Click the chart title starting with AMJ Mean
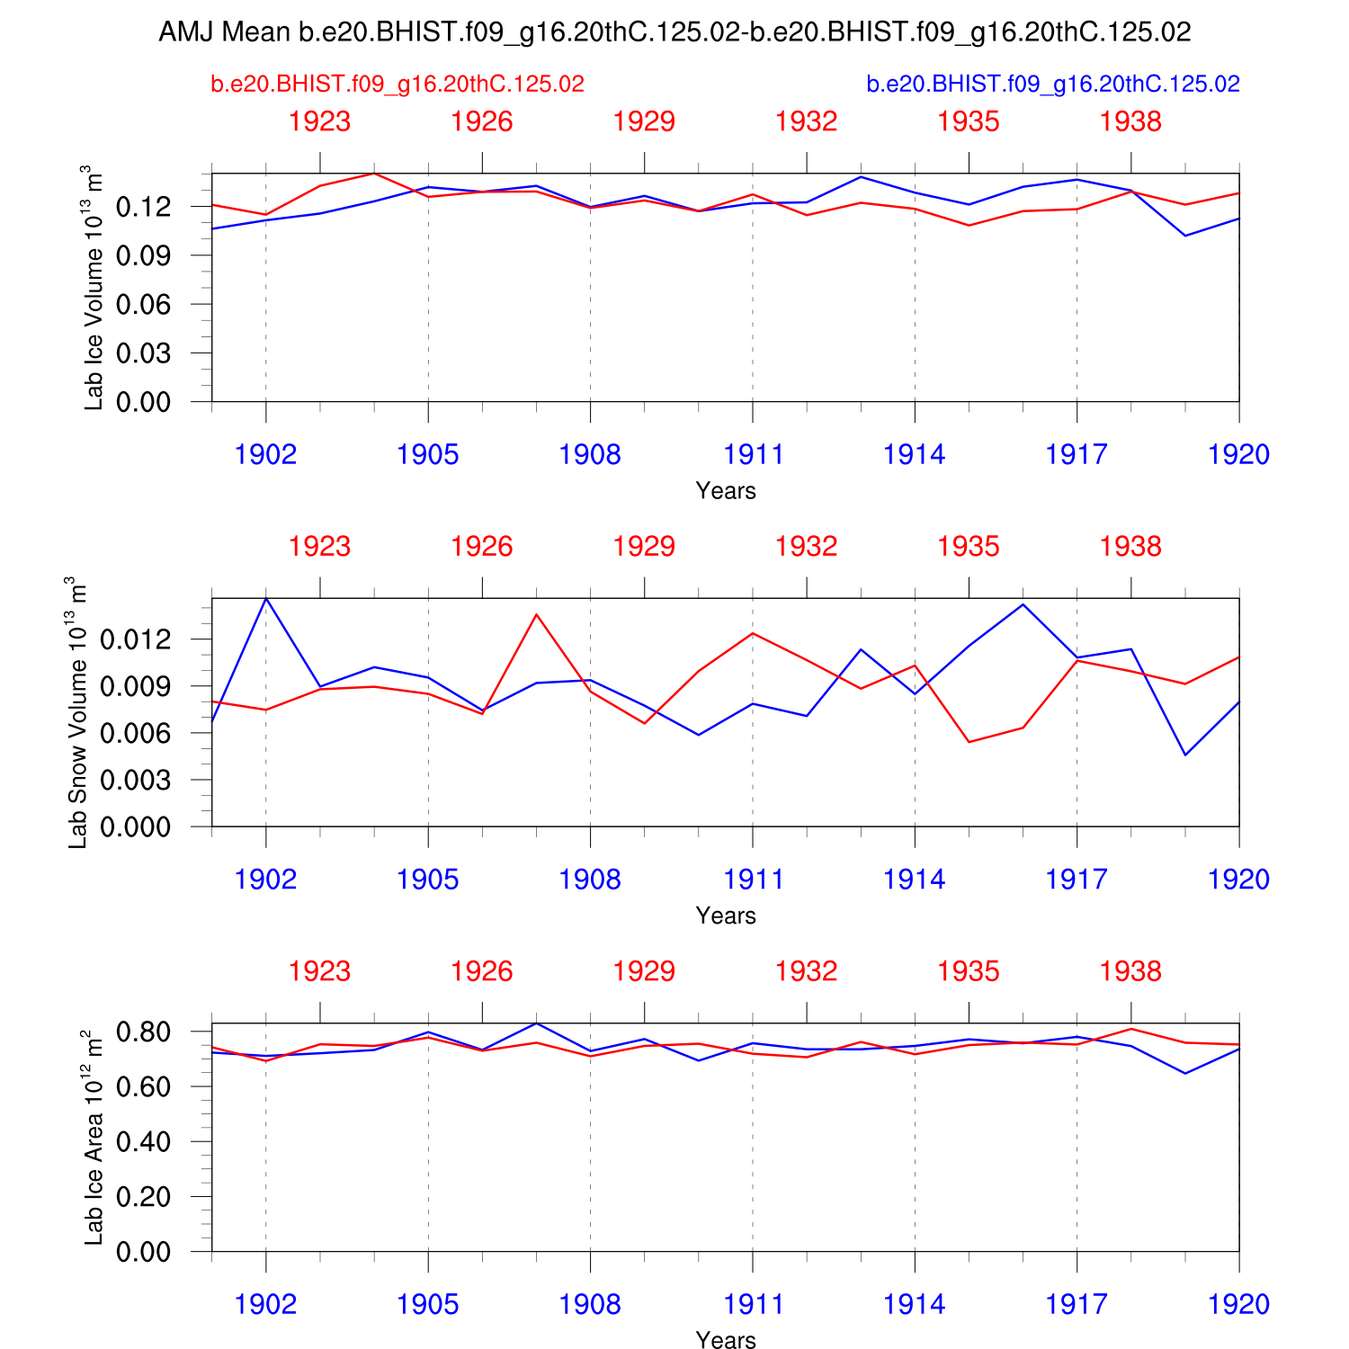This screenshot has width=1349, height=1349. tap(674, 32)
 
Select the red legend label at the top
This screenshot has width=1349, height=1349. tap(398, 85)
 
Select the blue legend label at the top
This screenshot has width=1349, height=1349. tap(1053, 85)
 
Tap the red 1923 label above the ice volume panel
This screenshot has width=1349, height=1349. tap(319, 121)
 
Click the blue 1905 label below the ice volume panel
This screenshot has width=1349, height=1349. tap(428, 455)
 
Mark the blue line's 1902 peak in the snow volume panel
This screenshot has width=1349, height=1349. tap(266, 598)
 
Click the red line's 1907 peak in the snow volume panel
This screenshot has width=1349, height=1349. tap(536, 614)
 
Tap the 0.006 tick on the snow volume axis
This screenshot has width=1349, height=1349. tap(135, 733)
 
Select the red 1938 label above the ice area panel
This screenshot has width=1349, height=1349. tap(1130, 971)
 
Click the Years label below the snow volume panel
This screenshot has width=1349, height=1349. tap(726, 916)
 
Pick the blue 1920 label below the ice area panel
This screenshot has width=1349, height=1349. tap(1238, 1305)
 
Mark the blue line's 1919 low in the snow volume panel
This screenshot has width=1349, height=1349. tap(1185, 755)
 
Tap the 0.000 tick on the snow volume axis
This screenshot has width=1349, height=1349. tap(135, 826)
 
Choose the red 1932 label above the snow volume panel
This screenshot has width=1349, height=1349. tap(806, 547)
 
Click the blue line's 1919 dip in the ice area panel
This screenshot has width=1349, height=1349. tap(1185, 1073)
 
